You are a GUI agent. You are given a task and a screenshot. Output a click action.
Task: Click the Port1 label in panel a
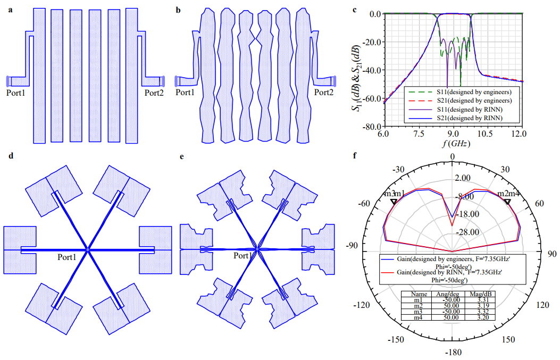(16, 93)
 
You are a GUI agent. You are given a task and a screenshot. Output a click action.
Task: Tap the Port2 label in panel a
(154, 93)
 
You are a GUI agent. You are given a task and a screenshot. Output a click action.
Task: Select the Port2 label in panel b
(323, 92)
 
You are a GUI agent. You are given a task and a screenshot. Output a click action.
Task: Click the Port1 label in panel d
(67, 257)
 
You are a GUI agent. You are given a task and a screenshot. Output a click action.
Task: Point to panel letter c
(354, 10)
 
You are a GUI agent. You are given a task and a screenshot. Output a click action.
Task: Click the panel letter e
(182, 156)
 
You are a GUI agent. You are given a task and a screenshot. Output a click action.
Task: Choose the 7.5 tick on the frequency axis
(419, 134)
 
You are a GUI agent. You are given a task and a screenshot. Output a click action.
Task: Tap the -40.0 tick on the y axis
(372, 70)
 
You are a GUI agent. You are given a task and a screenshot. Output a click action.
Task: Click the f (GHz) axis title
(456, 144)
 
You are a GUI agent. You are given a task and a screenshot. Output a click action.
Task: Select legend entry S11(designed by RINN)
(470, 110)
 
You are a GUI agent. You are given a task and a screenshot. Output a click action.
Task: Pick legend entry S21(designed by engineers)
(474, 101)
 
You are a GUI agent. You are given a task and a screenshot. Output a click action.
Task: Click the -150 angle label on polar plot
(396, 339)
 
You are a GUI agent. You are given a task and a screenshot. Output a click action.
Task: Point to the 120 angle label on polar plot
(542, 305)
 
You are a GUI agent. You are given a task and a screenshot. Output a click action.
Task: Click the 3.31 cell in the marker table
(483, 300)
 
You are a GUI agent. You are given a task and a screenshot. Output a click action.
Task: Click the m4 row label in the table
(418, 317)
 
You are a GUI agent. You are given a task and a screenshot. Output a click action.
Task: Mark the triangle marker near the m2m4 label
(507, 202)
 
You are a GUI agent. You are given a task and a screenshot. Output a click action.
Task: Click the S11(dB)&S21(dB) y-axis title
(357, 78)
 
